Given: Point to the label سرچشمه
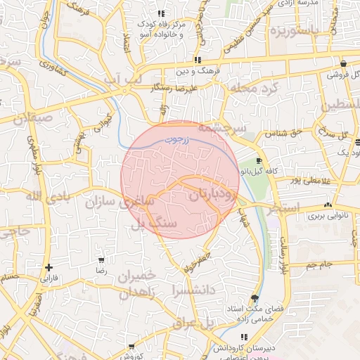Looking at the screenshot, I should tap(221, 128).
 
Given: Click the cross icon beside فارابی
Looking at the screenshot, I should tap(48, 267).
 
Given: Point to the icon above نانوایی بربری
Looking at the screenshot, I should tap(327, 205).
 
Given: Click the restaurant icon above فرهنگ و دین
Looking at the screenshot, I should tap(198, 60).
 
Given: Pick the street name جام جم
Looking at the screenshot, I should tap(319, 265).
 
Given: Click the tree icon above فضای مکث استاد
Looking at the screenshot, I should tap(255, 299).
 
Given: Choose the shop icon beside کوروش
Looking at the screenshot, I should tap(130, 347).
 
